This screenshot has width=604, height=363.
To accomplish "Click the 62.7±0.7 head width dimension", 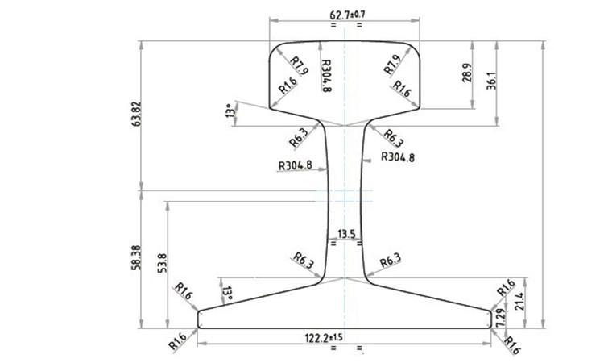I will pyautogui.click(x=347, y=15).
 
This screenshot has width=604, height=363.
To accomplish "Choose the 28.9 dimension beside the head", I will pyautogui.click(x=467, y=75).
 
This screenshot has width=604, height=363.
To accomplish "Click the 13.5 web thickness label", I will pyautogui.click(x=347, y=234).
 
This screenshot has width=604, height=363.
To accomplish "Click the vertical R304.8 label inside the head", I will pyautogui.click(x=326, y=77).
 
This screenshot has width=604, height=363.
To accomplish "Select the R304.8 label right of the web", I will pyautogui.click(x=397, y=157).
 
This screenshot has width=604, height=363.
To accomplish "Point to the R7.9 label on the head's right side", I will pyautogui.click(x=392, y=65).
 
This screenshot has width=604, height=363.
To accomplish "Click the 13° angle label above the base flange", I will pyautogui.click(x=227, y=291).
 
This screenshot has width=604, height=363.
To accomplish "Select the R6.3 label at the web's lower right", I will pyautogui.click(x=389, y=260).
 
